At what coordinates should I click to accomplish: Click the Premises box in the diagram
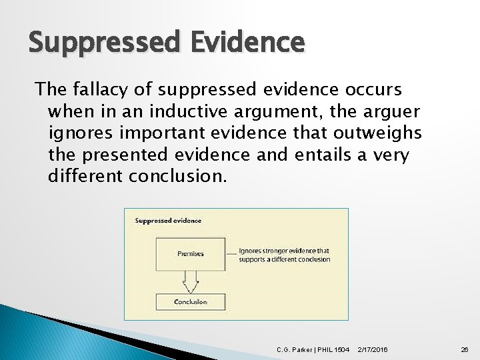pos(191,254)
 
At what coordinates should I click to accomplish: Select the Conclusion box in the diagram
pos(191,302)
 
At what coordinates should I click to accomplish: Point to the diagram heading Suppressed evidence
pos(168,221)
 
